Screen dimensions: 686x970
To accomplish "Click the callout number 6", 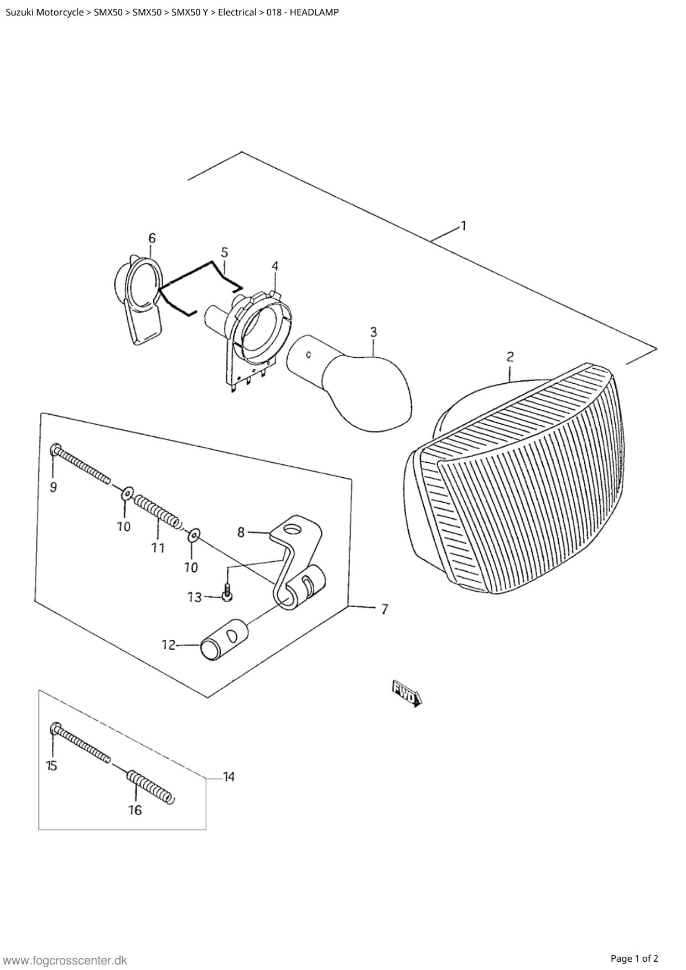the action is pos(152,238).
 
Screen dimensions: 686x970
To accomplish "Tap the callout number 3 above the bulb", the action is pos(373,332).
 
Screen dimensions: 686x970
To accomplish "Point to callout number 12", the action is pos(168,645).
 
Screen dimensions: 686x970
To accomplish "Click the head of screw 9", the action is pos(55,450).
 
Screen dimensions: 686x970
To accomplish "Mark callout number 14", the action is pos(228,777).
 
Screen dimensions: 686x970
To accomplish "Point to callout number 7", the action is pos(384,609).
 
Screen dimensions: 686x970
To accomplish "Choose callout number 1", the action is pos(464,226).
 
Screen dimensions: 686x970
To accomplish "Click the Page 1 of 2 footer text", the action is pos(635,958).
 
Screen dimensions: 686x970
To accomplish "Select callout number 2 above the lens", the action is pos(510,357).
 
